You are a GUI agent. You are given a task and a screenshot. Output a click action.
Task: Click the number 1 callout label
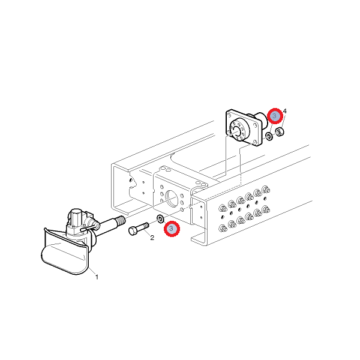coord(97,277)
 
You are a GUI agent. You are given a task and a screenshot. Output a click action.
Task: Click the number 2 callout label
coord(152,238)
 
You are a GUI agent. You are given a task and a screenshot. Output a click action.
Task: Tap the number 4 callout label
coord(284,111)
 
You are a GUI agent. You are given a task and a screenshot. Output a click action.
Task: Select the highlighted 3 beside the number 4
coord(275,116)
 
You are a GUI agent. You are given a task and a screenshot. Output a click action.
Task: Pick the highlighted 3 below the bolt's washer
coord(172,229)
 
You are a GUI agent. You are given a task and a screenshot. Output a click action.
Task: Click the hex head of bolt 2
coord(133,230)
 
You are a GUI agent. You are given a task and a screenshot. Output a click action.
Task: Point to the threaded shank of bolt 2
coord(143,226)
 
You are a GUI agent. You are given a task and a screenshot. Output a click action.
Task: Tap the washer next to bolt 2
coord(160,218)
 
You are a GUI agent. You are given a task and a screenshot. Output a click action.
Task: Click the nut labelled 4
coord(280,132)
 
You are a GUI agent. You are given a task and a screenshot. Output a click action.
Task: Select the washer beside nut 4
coord(269,136)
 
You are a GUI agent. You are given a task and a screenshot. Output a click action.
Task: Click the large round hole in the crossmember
coord(172,198)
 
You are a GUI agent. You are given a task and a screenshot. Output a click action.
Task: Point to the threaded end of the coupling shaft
coord(121,220)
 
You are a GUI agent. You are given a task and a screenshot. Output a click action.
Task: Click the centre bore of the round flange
coord(236,131)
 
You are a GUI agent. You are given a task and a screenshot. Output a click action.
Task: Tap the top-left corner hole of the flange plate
coord(229,115)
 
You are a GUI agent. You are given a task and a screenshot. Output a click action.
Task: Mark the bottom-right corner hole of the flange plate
coord(255,142)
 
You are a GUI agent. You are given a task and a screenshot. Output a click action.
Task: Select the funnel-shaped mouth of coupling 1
coord(65,252)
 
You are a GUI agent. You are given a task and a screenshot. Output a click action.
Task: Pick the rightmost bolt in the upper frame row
coord(266,190)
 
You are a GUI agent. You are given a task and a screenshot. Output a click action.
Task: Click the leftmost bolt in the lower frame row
coord(223,228)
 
